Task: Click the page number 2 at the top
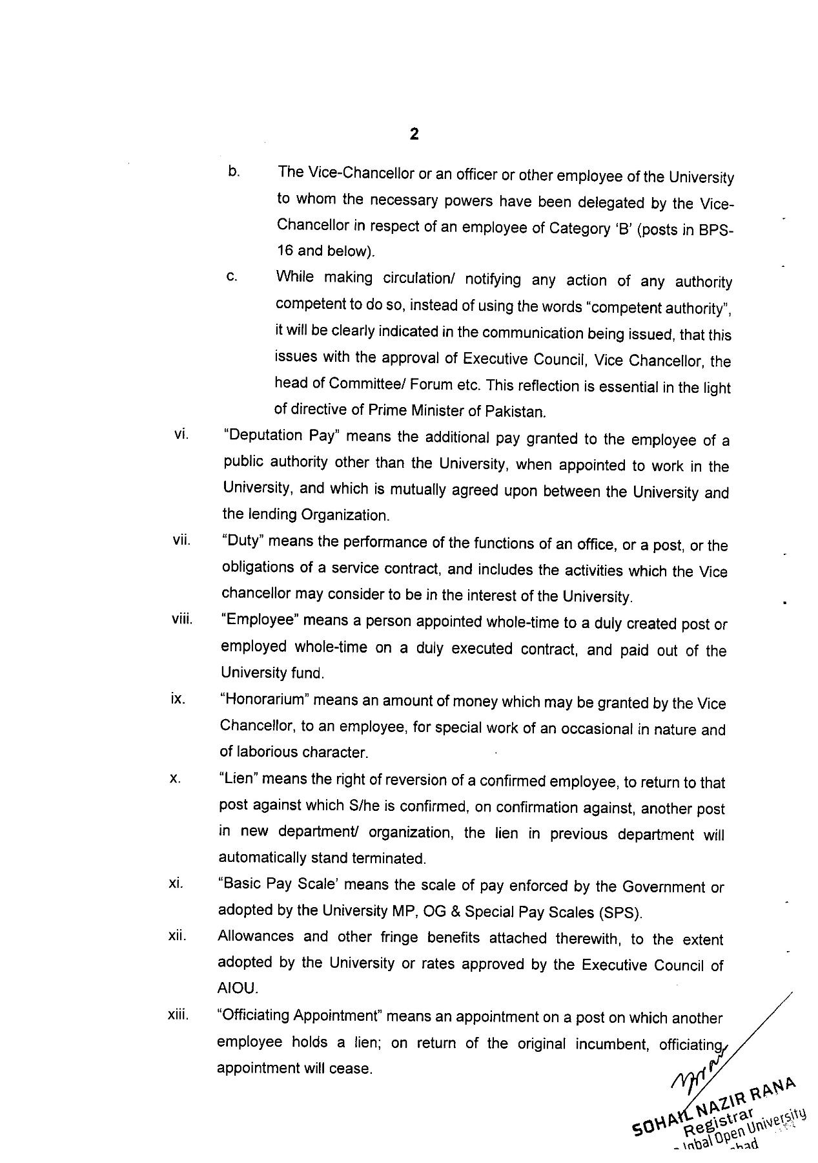(x=414, y=134)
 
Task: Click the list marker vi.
(x=181, y=434)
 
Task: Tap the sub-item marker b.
(x=234, y=172)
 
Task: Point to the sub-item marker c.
(x=232, y=277)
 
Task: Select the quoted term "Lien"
(x=239, y=779)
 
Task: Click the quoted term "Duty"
(x=241, y=541)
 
